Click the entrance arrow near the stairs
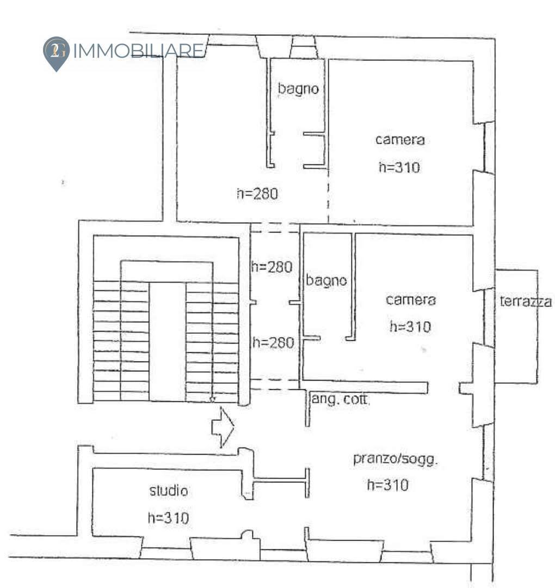[x=223, y=427]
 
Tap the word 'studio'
[x=169, y=491]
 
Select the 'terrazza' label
[x=526, y=302]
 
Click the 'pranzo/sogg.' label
[x=396, y=459]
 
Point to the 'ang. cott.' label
[x=340, y=399]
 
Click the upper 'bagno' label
[x=298, y=89]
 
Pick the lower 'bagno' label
[x=326, y=280]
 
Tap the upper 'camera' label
[x=400, y=140]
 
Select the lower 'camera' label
[x=411, y=300]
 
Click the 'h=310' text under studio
[x=168, y=518]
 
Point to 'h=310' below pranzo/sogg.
[x=388, y=485]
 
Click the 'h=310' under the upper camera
[x=399, y=167]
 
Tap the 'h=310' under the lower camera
[x=410, y=327]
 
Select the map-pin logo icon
[x=56, y=53]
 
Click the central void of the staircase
[x=168, y=341]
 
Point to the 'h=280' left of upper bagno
[x=257, y=194]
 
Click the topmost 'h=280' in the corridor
[x=272, y=267]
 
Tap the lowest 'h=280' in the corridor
[x=273, y=343]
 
